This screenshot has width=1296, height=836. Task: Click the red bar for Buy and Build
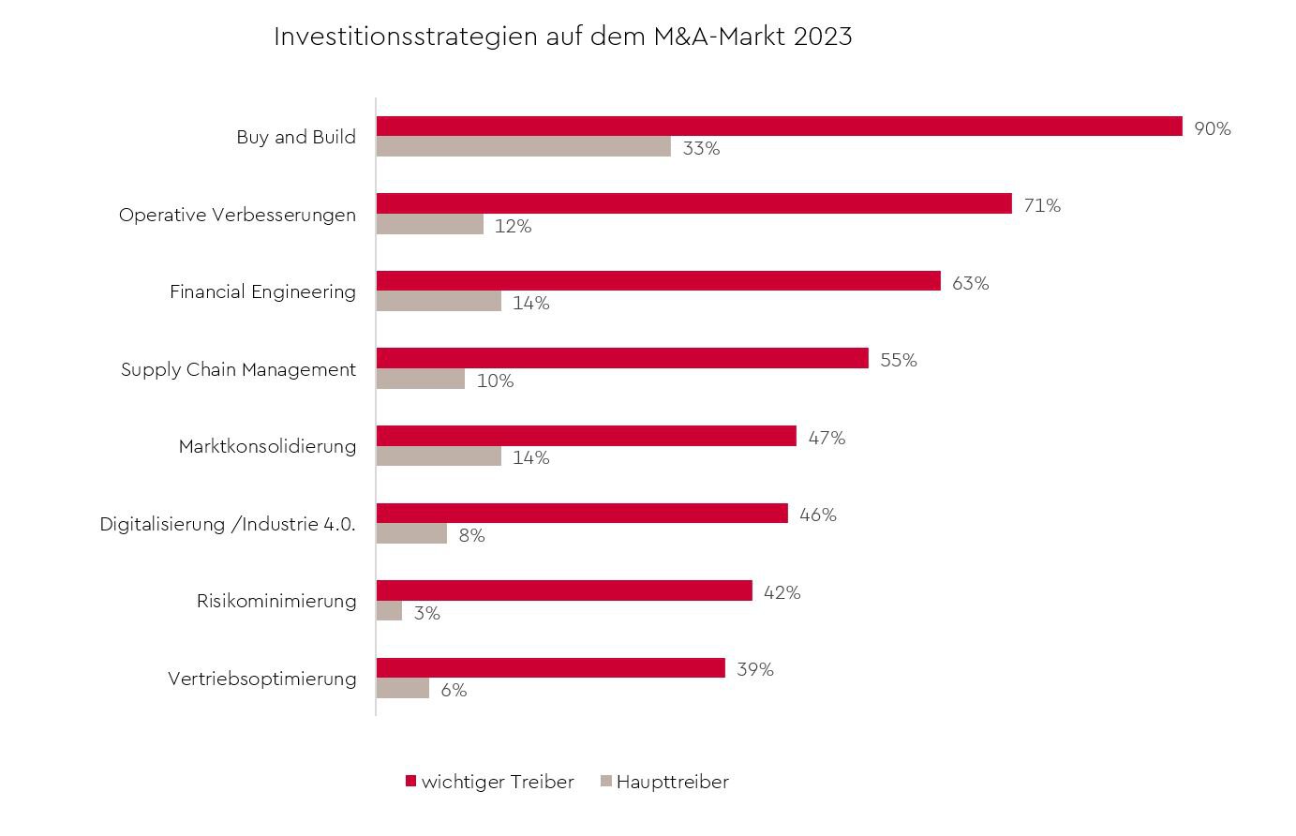click(779, 127)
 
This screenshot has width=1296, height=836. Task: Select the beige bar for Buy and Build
click(524, 147)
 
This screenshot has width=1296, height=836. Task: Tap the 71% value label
click(1042, 205)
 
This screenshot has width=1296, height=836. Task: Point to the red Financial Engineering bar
click(658, 281)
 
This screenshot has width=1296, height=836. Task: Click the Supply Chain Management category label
click(238, 369)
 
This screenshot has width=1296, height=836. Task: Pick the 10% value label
click(495, 381)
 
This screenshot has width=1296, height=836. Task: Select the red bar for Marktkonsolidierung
click(586, 436)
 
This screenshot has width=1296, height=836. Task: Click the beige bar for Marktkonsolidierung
click(439, 456)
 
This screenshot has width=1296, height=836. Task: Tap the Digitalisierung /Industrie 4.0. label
click(228, 524)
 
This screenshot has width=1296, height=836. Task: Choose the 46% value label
click(817, 515)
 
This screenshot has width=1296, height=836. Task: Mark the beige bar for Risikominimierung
click(389, 611)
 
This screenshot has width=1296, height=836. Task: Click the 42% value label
click(782, 592)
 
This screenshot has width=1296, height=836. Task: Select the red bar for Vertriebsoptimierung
click(550, 667)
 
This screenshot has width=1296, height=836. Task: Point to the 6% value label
click(454, 690)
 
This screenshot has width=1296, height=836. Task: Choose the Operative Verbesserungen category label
click(237, 215)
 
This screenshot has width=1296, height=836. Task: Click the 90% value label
click(1212, 128)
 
